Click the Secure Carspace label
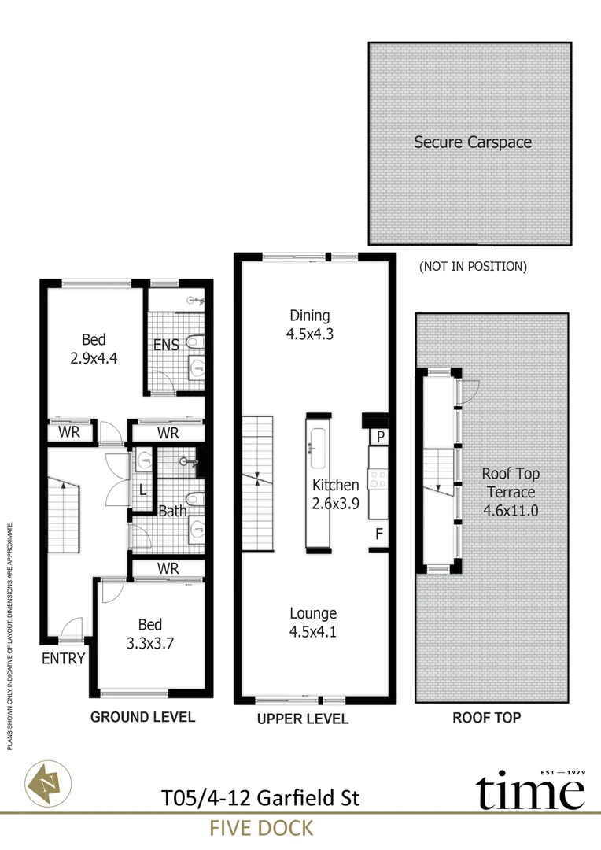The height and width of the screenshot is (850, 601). (x=473, y=142)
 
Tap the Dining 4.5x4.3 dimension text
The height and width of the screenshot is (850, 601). (x=309, y=334)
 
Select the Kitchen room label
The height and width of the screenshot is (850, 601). (x=335, y=485)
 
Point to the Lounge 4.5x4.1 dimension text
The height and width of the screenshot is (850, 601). (x=313, y=631)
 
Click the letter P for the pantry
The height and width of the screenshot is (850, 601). (x=381, y=436)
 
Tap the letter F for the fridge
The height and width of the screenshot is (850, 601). (x=379, y=534)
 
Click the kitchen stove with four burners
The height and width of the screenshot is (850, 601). (x=378, y=479)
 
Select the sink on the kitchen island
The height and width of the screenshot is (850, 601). (x=318, y=449)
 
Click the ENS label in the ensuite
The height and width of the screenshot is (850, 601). (x=166, y=345)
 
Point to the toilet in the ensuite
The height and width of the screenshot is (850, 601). (x=195, y=342)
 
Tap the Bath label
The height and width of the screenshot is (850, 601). (x=172, y=511)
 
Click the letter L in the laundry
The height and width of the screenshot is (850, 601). (x=142, y=490)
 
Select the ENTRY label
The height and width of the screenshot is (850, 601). (x=64, y=658)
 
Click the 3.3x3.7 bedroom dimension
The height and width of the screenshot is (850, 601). (x=150, y=644)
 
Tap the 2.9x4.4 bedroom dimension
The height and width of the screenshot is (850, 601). (x=94, y=358)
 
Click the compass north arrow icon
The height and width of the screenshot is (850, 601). (x=48, y=783)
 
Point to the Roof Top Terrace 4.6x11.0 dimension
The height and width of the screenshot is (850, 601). (x=511, y=511)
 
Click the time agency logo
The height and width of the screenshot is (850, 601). (x=530, y=790)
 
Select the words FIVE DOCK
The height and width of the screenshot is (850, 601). (x=261, y=828)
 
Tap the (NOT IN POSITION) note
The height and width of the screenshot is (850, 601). (x=473, y=266)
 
